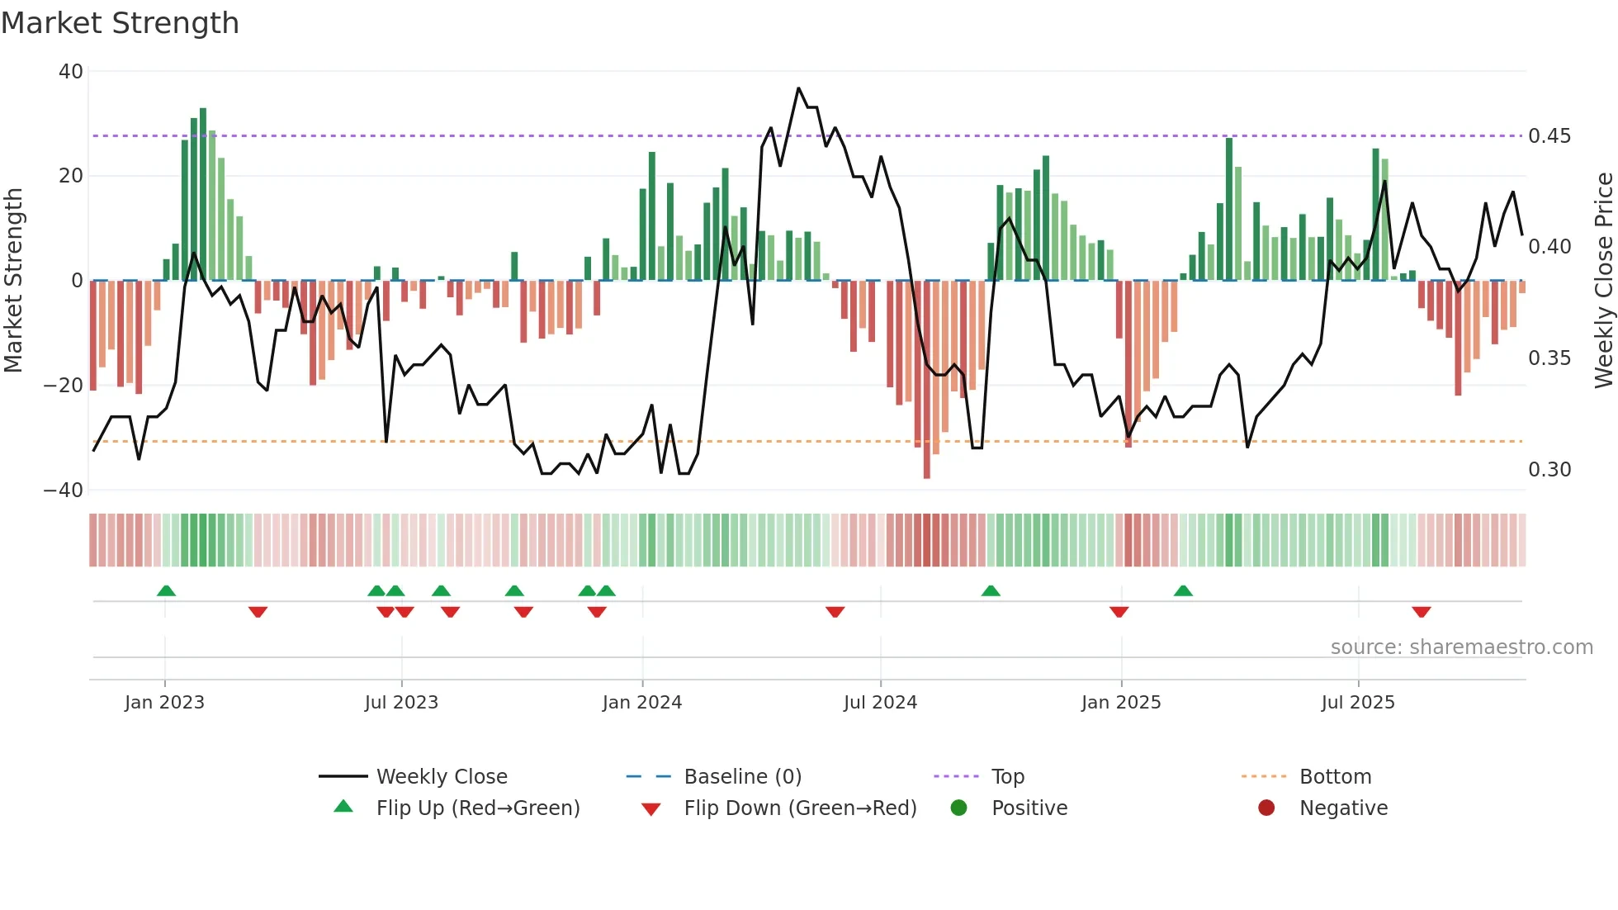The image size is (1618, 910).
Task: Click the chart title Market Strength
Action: point(120,23)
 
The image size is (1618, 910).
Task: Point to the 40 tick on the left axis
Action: point(71,72)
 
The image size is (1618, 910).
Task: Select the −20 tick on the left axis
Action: point(64,386)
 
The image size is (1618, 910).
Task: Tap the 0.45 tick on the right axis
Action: point(1549,136)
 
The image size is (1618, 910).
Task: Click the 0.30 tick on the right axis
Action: point(1549,470)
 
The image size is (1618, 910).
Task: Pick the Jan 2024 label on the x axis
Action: point(641,703)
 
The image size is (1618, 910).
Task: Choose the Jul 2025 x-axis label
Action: point(1357,703)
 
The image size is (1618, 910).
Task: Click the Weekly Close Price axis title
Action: point(1603,281)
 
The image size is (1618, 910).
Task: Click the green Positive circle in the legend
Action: point(958,808)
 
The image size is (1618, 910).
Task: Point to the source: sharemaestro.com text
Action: point(1461,647)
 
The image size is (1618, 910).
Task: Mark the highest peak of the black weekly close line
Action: point(798,88)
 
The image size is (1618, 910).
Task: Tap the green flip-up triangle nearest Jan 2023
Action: point(166,590)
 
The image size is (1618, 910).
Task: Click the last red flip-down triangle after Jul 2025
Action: point(1421,612)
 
